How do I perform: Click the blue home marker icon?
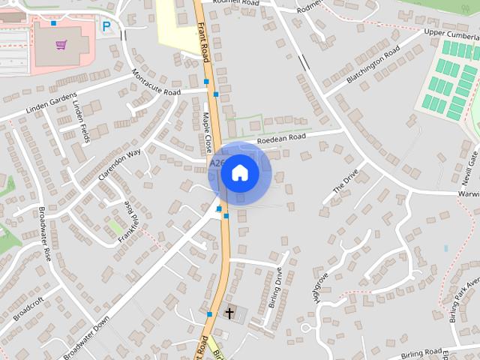(239, 173)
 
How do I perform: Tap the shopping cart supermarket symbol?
(61, 44)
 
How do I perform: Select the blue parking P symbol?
(106, 27)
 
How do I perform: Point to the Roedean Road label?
(281, 138)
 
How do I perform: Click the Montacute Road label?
(156, 83)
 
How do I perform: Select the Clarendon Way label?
(119, 165)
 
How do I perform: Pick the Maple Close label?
(207, 132)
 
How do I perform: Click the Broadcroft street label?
(28, 307)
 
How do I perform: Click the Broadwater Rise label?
(44, 233)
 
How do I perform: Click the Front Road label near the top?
(204, 41)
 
